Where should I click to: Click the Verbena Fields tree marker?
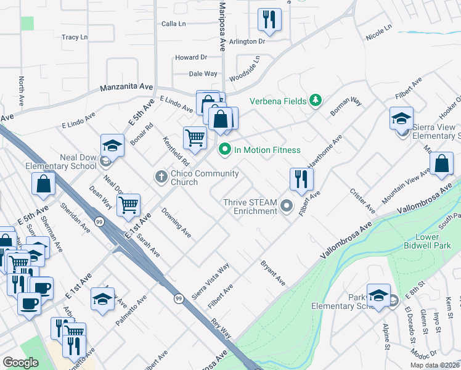pos(315,100)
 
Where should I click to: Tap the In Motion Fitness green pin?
pos(225,149)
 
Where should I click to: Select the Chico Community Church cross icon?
pos(161,178)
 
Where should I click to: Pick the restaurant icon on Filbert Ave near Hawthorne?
pos(301,179)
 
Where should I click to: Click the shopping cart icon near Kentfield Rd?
pos(195,138)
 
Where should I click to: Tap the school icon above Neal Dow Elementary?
pos(112,146)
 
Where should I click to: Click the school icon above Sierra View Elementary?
pos(401,118)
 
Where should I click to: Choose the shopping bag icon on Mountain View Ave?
pos(441,163)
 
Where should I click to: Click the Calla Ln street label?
pos(173,23)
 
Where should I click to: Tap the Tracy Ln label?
pos(75,38)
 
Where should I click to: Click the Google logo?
pos(20,362)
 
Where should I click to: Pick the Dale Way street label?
pos(203,73)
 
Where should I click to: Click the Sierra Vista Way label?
pos(210,281)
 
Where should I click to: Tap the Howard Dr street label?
pos(190,57)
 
